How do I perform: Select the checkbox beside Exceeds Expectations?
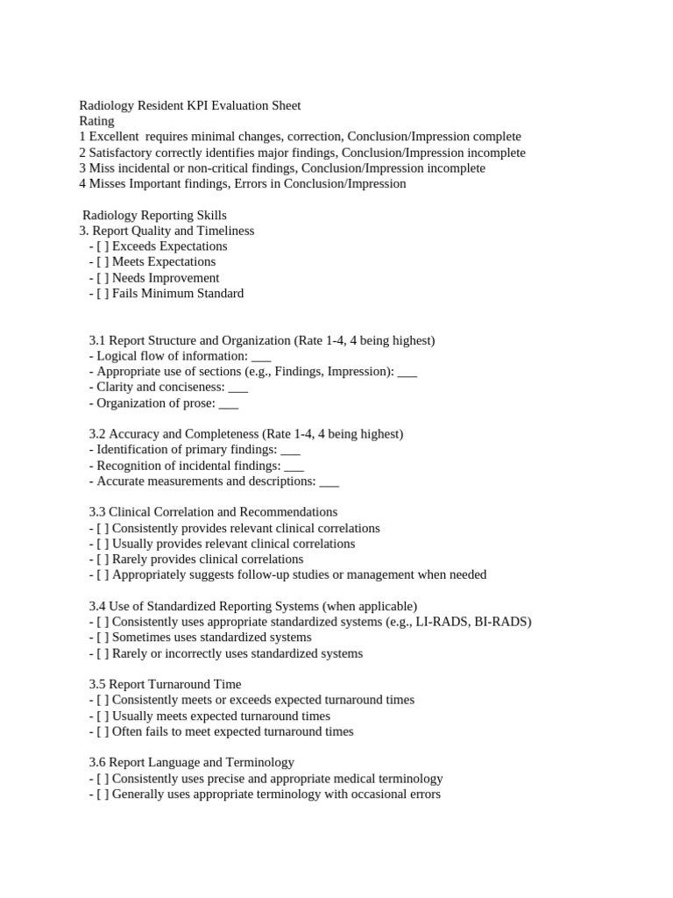[x=103, y=246]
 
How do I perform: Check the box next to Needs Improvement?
[x=103, y=278]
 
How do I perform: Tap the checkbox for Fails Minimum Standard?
[x=103, y=294]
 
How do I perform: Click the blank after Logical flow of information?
[x=261, y=356]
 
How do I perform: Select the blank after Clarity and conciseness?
[x=237, y=388]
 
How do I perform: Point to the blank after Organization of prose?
[x=228, y=403]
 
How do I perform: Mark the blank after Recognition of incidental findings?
[x=294, y=466]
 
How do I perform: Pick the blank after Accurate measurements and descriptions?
[x=329, y=481]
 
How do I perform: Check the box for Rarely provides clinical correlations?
[x=103, y=559]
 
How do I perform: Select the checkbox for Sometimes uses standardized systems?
[x=103, y=638]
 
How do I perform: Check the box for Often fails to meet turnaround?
[x=103, y=731]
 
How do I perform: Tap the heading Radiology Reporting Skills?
[x=154, y=215]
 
